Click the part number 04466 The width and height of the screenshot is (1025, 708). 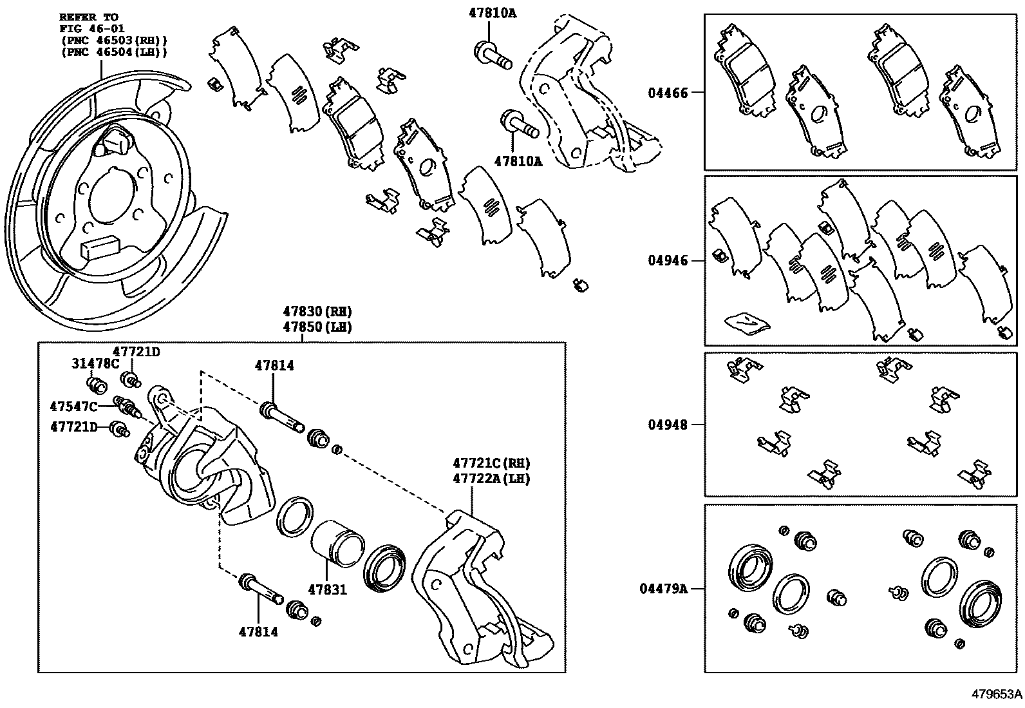[668, 93]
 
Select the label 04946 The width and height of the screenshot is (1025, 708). [668, 261]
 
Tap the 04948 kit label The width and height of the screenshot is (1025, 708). [668, 425]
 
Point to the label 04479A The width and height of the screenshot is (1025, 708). [663, 589]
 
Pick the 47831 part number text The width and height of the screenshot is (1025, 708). [327, 589]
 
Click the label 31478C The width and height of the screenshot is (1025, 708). [95, 364]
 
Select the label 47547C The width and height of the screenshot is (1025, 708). [73, 407]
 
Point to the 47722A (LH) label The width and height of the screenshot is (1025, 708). [491, 479]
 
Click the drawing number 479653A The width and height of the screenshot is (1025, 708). [997, 694]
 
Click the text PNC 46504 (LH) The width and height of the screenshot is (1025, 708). [114, 52]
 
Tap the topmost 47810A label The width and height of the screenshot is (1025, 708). [489, 12]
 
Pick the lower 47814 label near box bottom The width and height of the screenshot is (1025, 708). [258, 632]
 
